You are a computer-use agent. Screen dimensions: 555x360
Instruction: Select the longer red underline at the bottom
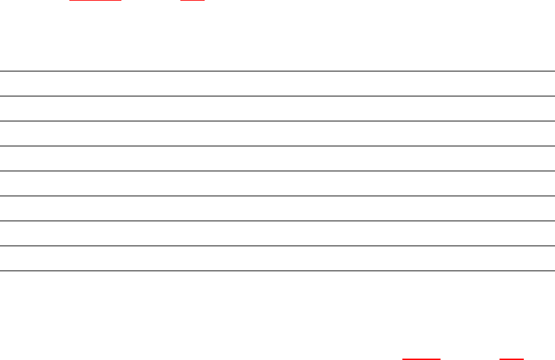coord(421,359)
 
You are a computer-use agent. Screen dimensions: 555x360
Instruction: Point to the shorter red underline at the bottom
coord(511,359)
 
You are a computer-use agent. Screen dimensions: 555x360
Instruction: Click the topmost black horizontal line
coord(277,71)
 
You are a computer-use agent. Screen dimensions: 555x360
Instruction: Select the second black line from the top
coord(277,96)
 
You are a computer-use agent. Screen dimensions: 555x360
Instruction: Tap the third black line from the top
coord(277,121)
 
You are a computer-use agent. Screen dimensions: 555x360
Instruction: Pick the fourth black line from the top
coord(277,146)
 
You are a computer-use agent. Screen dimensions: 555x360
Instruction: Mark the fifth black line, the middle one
coord(277,171)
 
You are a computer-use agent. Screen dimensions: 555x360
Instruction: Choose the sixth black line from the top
coord(277,196)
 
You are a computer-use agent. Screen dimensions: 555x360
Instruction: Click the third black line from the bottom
coord(277,221)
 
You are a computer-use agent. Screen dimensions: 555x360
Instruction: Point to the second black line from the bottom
coord(277,246)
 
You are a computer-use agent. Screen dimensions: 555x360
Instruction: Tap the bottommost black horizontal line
coord(277,271)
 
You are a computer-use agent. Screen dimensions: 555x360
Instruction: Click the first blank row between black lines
coord(277,83)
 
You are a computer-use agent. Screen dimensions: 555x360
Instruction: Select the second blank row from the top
coord(277,108)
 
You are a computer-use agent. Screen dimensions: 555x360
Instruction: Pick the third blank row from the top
coord(277,133)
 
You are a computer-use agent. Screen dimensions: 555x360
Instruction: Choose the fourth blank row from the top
coord(277,158)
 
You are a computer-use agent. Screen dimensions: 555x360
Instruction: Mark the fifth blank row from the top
coord(277,183)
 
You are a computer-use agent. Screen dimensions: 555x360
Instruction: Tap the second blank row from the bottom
coord(277,233)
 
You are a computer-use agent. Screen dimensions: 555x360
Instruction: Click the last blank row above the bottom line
coord(277,258)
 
